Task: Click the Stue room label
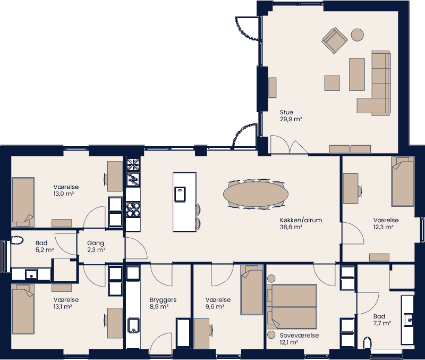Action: coord(286,112)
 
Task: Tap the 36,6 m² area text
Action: coord(291,227)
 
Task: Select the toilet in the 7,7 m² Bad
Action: coord(367,342)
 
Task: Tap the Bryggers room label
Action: coord(163,300)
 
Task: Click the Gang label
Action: coord(96,243)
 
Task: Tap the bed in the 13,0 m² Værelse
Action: coord(23,199)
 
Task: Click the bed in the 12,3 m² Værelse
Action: coord(402,182)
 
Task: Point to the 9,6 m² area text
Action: coord(215,307)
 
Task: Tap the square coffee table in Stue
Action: coord(332,83)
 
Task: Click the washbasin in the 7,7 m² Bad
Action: coord(409,320)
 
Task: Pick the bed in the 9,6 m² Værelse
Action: coord(251,290)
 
